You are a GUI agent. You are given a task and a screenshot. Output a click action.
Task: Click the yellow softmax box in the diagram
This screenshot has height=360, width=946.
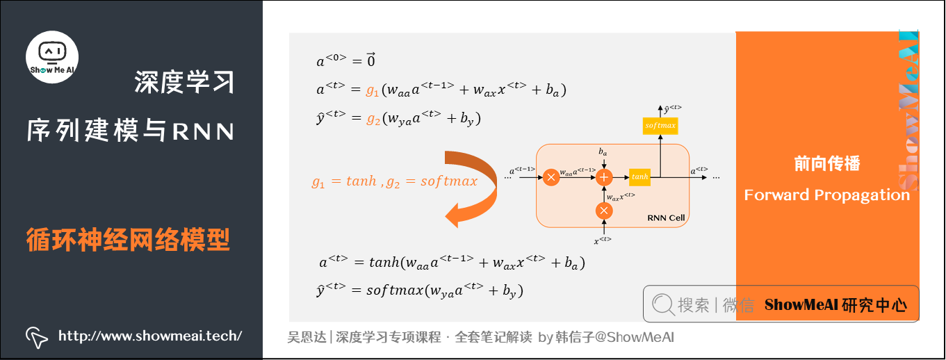tap(660, 125)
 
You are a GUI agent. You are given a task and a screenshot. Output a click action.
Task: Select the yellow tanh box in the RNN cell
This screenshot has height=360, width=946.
tap(639, 177)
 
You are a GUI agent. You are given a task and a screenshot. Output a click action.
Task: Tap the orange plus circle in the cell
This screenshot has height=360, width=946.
tap(604, 177)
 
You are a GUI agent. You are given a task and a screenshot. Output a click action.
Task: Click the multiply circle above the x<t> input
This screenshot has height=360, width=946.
tap(604, 211)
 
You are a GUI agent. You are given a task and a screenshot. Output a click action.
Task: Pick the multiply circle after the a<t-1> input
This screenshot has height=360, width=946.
tap(551, 177)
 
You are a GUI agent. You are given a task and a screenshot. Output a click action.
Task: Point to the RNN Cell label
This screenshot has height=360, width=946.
tap(666, 218)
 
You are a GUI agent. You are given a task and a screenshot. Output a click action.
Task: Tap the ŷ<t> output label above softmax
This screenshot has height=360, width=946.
tap(671, 108)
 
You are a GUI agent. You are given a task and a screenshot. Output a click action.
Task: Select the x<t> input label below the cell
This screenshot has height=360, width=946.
tap(603, 240)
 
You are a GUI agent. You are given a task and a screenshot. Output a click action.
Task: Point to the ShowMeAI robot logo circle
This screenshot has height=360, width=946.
tap(52, 56)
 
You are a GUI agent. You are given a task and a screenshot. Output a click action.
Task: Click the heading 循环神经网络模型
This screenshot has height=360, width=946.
tap(128, 240)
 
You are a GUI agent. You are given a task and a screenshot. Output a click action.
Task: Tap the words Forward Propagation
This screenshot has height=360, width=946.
tap(827, 195)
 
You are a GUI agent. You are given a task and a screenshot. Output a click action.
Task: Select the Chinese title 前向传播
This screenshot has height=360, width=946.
tap(827, 164)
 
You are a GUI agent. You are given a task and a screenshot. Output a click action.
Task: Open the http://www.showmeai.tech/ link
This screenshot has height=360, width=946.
tap(150, 336)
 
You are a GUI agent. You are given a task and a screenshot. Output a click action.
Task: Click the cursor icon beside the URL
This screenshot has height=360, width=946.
tap(36, 337)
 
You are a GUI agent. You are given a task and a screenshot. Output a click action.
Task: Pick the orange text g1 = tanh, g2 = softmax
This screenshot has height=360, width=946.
tap(395, 181)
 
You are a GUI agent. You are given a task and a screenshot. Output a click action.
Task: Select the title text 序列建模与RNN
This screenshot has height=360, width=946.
tap(131, 130)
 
